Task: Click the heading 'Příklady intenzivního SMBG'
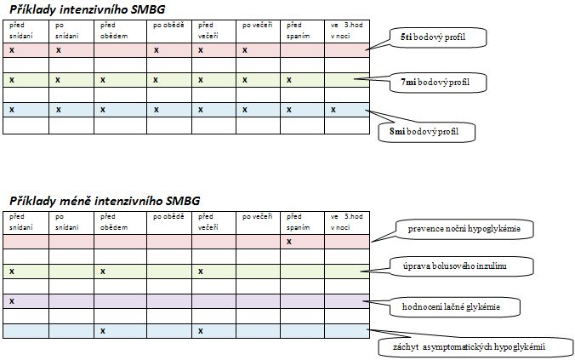88,9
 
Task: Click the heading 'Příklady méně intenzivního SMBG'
105,201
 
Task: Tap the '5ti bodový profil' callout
438,37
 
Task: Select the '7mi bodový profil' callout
438,83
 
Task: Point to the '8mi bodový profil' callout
426,132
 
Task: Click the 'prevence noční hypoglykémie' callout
464,229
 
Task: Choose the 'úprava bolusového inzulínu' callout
461,266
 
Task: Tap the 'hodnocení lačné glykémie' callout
455,307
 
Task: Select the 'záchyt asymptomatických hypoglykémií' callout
475,347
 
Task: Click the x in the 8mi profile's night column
333,110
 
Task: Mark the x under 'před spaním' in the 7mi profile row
289,80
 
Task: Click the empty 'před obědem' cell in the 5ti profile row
120,50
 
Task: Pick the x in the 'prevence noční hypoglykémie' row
289,242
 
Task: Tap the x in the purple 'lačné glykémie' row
12,301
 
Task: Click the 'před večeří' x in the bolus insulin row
201,271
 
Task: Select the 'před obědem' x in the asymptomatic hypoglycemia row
103,331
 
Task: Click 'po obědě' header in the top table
168,26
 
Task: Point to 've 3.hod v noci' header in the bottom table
346,222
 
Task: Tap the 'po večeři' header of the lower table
258,217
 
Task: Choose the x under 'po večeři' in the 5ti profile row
245,50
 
